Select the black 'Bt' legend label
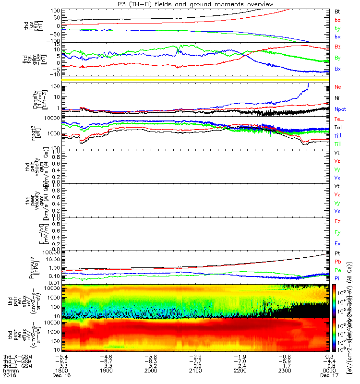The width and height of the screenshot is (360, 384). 337,11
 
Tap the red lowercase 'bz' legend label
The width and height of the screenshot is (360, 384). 337,20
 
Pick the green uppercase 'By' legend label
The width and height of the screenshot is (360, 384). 337,58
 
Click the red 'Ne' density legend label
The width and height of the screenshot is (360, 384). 337,87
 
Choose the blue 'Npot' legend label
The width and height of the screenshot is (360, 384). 339,110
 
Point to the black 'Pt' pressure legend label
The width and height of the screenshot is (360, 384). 337,253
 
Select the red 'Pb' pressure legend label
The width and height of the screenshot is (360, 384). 337,262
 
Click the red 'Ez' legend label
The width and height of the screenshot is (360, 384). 337,221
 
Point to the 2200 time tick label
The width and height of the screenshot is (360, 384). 240,371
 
